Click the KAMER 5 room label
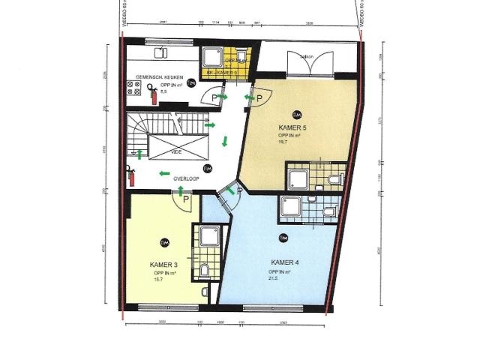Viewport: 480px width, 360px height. (292, 128)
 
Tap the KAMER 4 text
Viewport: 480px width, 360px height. (286, 262)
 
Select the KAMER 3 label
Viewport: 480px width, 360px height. (163, 265)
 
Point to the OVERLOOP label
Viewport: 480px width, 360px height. (185, 179)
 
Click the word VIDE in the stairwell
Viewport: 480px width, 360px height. (177, 151)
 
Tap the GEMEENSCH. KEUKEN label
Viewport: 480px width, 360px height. (155, 77)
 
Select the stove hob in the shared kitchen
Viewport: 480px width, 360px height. (136, 90)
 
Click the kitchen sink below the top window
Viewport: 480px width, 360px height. (162, 52)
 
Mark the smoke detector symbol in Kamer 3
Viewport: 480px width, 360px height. (164, 241)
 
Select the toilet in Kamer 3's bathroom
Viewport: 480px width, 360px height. (205, 270)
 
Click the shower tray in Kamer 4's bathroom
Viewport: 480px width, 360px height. (289, 207)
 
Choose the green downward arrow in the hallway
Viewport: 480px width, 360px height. (223, 140)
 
